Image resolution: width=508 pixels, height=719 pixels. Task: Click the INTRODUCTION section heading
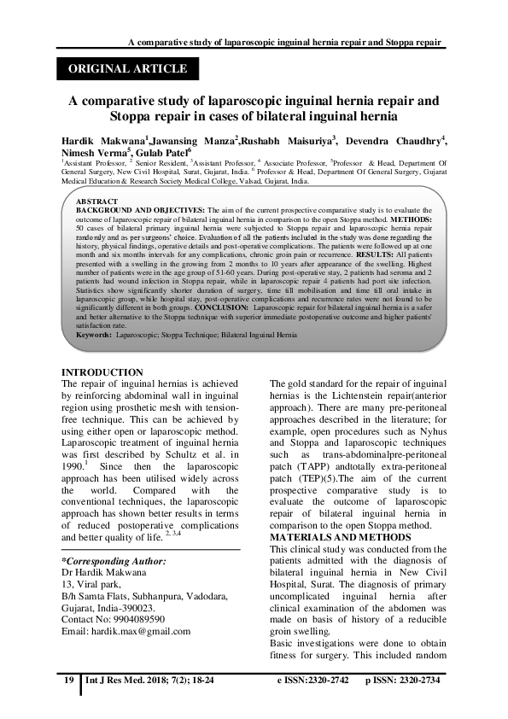(103, 372)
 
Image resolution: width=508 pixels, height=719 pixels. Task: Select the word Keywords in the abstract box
(93, 336)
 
